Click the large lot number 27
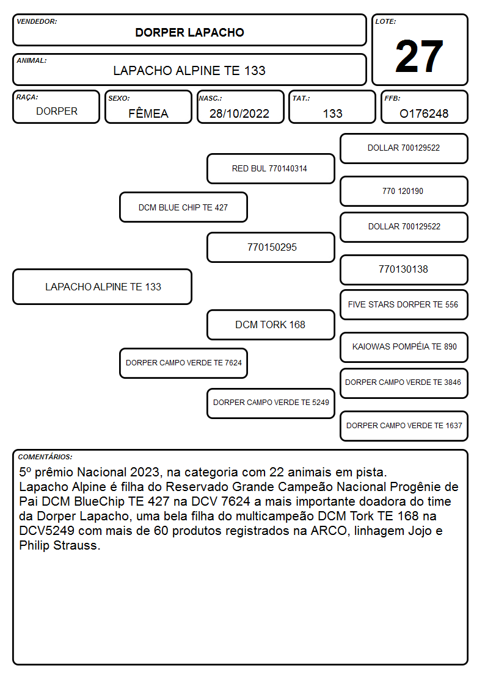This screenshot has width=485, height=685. click(419, 56)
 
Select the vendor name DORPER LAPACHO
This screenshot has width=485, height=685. click(189, 32)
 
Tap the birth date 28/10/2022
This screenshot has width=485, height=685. click(239, 113)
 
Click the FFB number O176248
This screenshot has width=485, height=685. click(424, 113)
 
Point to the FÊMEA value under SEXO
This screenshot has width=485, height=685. click(148, 113)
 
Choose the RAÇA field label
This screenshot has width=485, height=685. click(27, 98)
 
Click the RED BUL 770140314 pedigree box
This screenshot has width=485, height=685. click(271, 168)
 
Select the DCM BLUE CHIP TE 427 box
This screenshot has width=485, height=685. click(183, 207)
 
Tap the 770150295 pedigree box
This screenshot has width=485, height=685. click(271, 247)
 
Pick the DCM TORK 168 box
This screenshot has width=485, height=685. click(271, 325)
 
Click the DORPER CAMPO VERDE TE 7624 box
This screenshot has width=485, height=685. click(183, 363)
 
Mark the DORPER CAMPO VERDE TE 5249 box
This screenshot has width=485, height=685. click(271, 403)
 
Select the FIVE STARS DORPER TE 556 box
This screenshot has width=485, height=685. click(404, 304)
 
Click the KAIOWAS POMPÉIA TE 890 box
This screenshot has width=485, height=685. click(404, 347)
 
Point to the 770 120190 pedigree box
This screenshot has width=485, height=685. click(404, 192)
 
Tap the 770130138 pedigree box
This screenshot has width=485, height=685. click(404, 270)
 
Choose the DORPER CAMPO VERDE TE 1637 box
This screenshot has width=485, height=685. click(404, 426)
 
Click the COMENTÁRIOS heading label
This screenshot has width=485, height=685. click(45, 457)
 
